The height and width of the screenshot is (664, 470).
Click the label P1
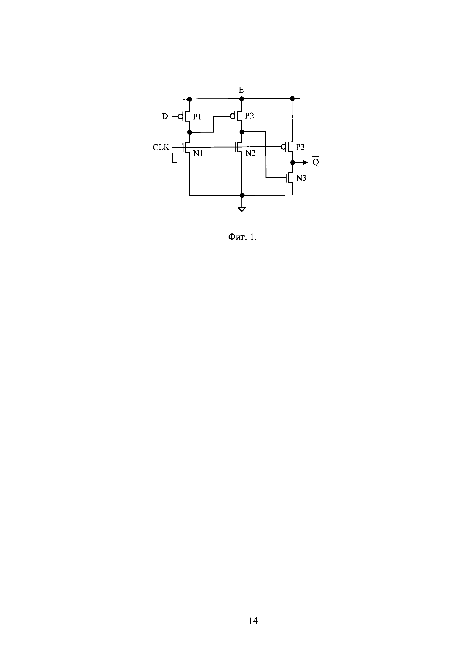197,117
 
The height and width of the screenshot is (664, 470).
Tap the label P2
249,116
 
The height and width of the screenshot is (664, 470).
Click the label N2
250,154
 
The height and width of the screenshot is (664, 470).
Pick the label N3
301,178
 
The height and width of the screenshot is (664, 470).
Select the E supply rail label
241,90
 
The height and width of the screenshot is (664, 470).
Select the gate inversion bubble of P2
232,116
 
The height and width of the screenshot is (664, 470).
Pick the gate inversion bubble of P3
283,147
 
